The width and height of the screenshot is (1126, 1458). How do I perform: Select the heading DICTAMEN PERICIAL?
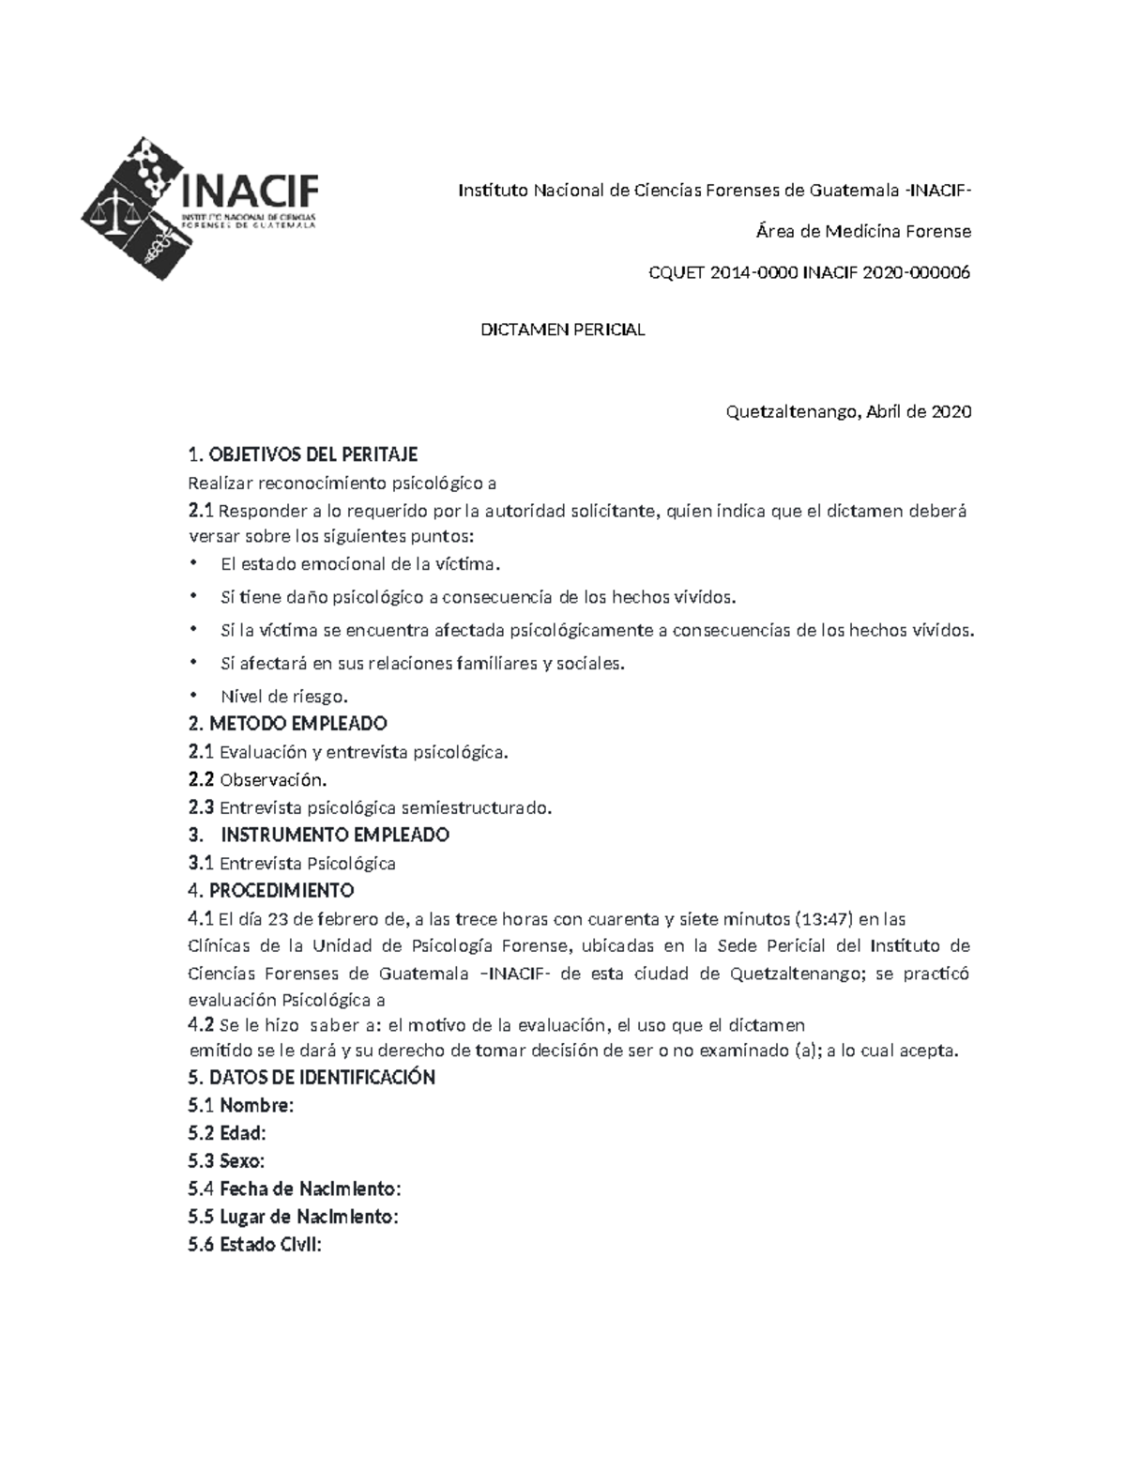[562, 330]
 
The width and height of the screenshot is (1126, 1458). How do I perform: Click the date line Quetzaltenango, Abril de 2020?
[848, 412]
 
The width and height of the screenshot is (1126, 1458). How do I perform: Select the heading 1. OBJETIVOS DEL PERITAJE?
[302, 455]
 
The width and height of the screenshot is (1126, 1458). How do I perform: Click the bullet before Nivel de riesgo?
[193, 696]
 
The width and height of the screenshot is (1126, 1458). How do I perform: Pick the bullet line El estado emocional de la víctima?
[360, 564]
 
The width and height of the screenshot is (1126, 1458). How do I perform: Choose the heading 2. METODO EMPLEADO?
[287, 724]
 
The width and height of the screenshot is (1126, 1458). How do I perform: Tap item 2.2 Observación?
[258, 779]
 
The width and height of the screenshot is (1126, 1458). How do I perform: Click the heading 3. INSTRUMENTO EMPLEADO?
[319, 835]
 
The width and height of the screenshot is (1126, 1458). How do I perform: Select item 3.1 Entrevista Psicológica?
[292, 863]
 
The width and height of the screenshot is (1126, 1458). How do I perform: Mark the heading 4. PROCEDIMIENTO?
[270, 890]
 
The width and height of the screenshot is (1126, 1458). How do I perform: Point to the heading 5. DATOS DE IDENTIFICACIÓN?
[312, 1077]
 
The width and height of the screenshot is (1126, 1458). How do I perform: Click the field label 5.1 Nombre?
[241, 1105]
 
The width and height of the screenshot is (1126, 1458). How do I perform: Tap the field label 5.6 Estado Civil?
[254, 1245]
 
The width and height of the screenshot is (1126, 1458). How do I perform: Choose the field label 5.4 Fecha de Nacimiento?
[295, 1189]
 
